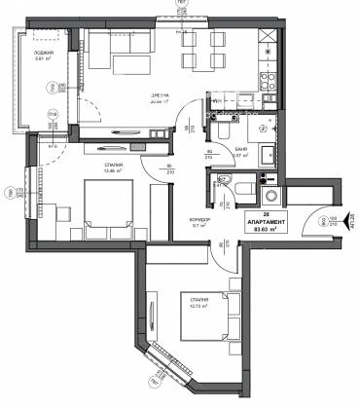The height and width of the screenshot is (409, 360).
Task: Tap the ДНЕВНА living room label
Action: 146,92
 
